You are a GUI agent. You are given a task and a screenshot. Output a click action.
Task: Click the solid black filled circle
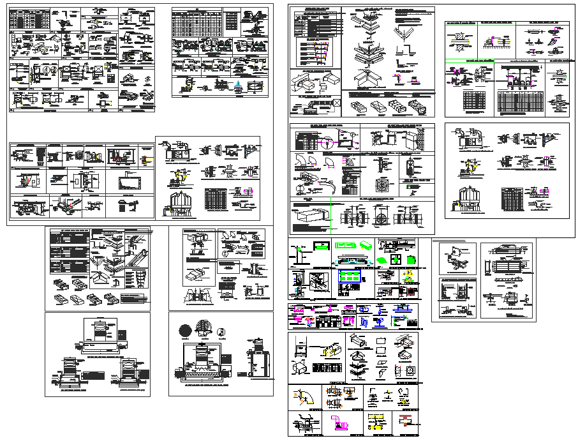[185, 331]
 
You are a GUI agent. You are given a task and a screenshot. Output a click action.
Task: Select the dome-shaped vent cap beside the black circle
[204, 329]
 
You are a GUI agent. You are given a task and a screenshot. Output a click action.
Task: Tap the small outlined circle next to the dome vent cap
[221, 331]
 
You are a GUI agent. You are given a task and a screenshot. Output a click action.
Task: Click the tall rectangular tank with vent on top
[258, 363]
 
